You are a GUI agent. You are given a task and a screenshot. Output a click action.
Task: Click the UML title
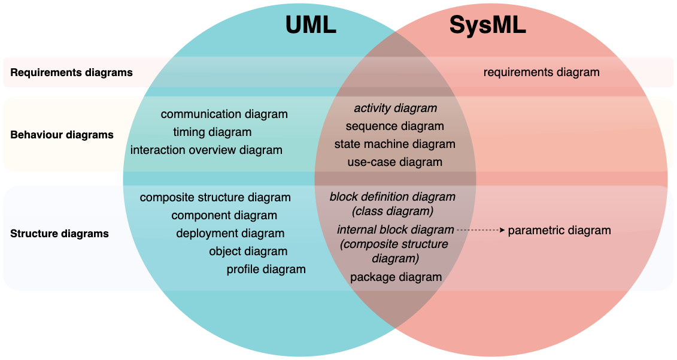pos(311,25)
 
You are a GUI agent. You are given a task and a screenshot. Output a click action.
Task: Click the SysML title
pos(487,25)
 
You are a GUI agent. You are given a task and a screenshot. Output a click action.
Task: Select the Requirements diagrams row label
pos(72,72)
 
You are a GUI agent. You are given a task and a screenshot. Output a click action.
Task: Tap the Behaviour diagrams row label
pos(62,135)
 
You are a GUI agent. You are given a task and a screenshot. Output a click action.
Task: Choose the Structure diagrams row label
pos(60,234)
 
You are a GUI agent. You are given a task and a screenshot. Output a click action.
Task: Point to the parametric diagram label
pos(559,230)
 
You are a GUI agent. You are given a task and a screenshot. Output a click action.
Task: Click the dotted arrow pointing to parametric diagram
pos(481,230)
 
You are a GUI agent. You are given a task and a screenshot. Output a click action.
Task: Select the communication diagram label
pos(224,114)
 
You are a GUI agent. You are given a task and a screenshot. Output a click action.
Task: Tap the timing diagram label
pos(212,132)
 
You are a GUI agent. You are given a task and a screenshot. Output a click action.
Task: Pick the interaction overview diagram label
pos(206,150)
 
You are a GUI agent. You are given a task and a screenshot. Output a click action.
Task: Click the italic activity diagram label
pos(395,108)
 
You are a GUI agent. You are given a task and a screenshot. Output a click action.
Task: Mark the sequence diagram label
pos(395,126)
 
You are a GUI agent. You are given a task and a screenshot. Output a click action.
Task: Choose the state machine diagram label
pos(395,144)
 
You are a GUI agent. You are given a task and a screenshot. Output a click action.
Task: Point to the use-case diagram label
pos(395,162)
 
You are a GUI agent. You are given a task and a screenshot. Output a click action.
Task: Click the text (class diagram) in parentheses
pos(393,211)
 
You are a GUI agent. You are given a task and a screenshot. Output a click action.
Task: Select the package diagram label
pos(396,277)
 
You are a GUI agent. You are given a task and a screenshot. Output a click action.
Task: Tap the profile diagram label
pos(266,270)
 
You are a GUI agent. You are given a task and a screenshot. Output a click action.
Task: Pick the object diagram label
pos(248,252)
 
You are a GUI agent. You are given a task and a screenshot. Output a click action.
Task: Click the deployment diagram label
pos(230,234)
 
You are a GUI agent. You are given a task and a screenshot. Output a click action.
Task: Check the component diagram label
pos(224,216)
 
